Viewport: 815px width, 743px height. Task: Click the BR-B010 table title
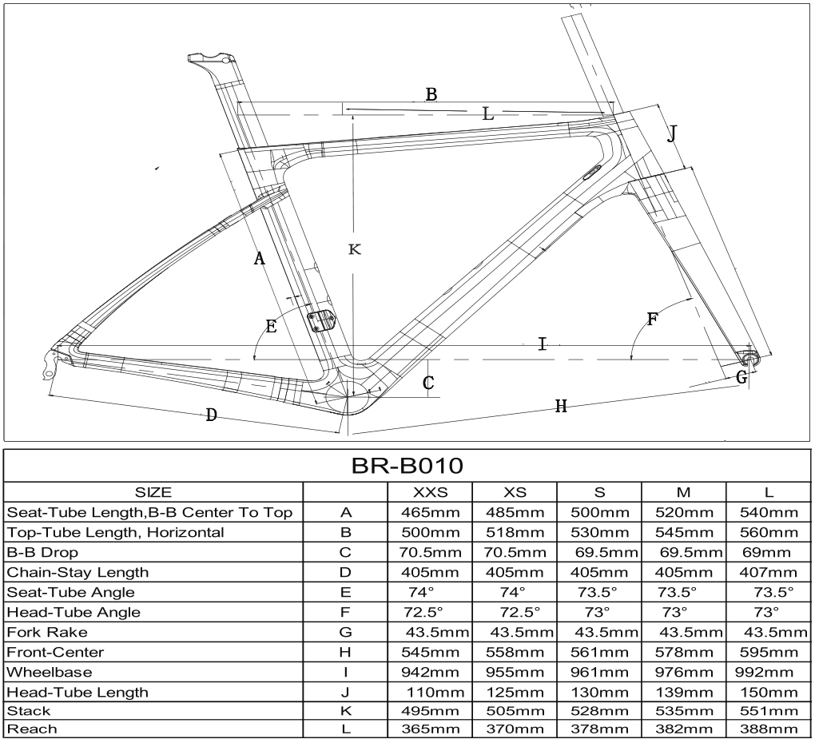point(407,466)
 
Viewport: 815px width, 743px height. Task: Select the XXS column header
point(431,492)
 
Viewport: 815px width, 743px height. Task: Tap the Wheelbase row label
point(50,672)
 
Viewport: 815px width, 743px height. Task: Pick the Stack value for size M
point(684,710)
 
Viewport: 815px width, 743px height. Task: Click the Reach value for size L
point(769,729)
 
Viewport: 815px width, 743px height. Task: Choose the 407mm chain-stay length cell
point(769,572)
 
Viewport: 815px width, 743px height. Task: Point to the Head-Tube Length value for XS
point(515,692)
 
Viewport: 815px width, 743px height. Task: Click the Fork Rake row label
point(47,632)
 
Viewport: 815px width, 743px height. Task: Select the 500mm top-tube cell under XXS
point(431,532)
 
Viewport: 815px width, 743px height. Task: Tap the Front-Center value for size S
point(599,652)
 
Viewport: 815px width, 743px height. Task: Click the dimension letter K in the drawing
point(355,249)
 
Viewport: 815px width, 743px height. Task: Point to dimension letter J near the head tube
point(672,134)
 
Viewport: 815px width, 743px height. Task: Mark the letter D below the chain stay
point(211,415)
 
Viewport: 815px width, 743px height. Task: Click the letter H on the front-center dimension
point(561,406)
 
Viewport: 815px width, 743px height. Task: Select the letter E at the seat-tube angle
point(271,326)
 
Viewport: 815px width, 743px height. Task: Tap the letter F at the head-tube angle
point(653,319)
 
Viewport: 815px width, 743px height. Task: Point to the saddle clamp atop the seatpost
point(210,58)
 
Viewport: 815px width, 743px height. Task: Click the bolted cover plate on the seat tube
point(322,320)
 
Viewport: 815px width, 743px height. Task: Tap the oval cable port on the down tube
point(591,172)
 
